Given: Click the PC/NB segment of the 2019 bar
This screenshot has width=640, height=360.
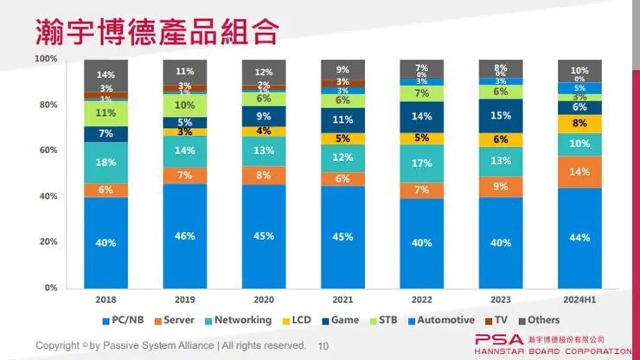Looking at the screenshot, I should click(185, 235).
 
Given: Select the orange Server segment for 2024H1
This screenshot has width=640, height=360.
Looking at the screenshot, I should click(579, 171).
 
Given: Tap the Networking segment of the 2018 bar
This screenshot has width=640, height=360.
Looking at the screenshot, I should click(106, 163).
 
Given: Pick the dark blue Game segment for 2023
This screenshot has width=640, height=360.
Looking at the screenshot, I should click(500, 115).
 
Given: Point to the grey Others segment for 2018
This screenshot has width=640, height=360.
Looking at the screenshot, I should click(106, 75).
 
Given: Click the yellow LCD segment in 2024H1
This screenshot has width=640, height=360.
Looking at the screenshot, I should click(579, 124).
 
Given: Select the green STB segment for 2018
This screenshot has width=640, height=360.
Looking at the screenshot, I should click(106, 113).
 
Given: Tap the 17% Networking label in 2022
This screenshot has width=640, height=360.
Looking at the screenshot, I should click(421, 163).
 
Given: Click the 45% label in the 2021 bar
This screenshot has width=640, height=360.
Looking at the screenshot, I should click(342, 236).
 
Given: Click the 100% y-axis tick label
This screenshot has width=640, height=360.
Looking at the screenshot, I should click(45, 59).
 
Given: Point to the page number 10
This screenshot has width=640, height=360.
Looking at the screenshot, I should click(324, 345).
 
